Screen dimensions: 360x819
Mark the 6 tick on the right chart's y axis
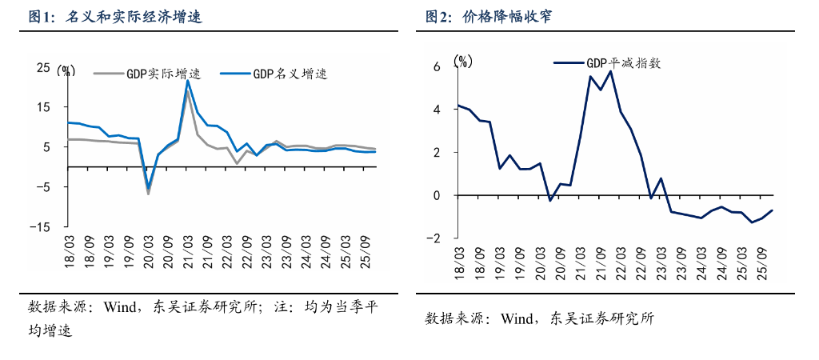click(437, 66)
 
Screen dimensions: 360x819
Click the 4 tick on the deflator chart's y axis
click(437, 110)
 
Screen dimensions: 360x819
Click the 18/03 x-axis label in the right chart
click(460, 261)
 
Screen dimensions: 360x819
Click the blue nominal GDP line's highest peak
click(187, 80)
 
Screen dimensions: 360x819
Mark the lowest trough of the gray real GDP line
click(148, 194)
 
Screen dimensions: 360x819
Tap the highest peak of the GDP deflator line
click(610, 71)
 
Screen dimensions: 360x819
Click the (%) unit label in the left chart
click(66, 70)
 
